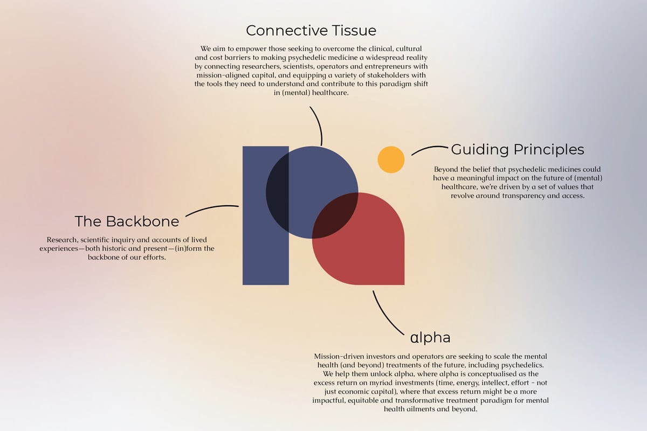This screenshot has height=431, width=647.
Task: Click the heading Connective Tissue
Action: click(311, 30)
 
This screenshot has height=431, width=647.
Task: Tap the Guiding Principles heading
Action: click(518, 150)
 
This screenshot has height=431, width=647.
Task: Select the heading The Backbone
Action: click(127, 221)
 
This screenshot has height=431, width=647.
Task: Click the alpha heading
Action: click(430, 337)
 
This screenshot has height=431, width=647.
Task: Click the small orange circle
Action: click(391, 159)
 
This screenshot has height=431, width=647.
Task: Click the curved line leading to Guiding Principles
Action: click(429, 149)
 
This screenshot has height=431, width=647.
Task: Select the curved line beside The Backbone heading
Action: click(211, 208)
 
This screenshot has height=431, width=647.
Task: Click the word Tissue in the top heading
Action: click(354, 30)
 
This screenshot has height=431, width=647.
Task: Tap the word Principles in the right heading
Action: click(549, 150)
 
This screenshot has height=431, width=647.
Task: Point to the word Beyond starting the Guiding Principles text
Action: click(446, 169)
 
